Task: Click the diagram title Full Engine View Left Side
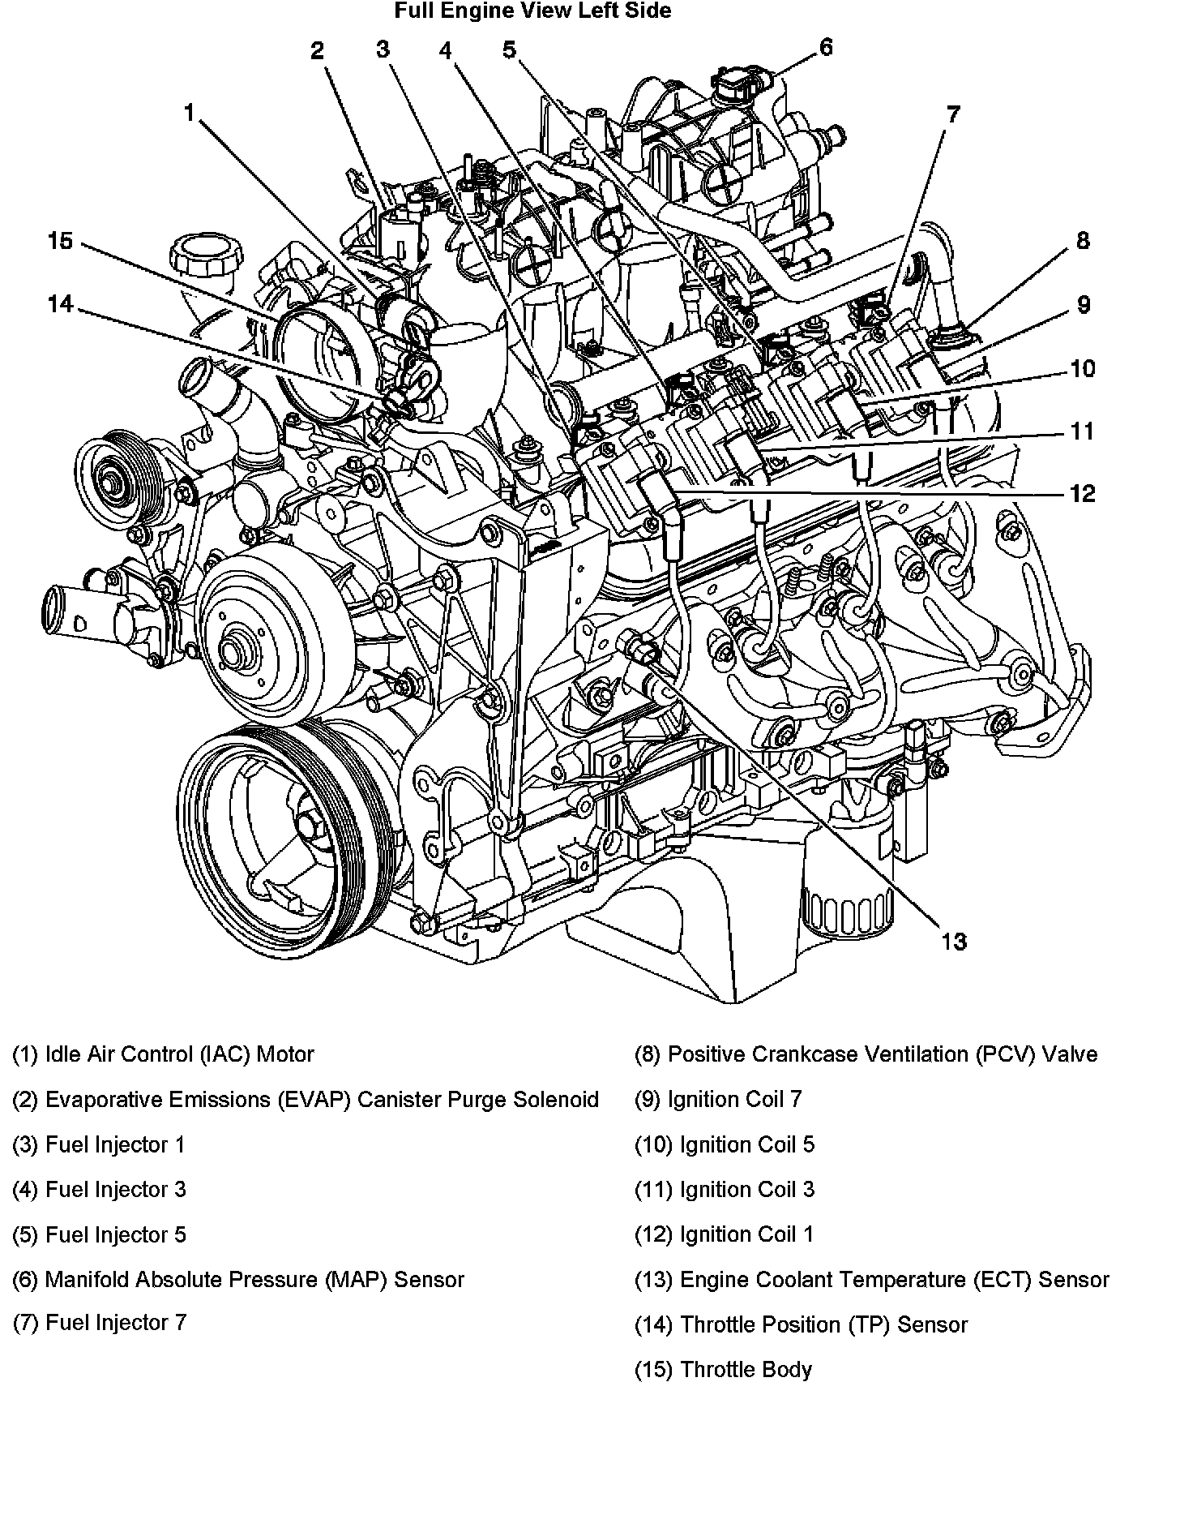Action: coord(532,11)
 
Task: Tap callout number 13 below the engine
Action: coord(954,942)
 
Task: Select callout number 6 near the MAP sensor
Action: coord(826,47)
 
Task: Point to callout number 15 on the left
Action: coord(60,241)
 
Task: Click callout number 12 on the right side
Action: coord(1083,493)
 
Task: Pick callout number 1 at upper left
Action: coord(190,112)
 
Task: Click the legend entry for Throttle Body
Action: coord(723,1370)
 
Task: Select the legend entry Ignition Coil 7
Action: coord(718,1100)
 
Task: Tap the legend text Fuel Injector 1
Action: coord(99,1145)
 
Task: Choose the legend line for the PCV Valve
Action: coord(866,1054)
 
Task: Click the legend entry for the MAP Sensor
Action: coord(238,1280)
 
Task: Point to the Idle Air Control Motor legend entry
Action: coord(163,1054)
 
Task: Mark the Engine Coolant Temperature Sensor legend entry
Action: coord(871,1280)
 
